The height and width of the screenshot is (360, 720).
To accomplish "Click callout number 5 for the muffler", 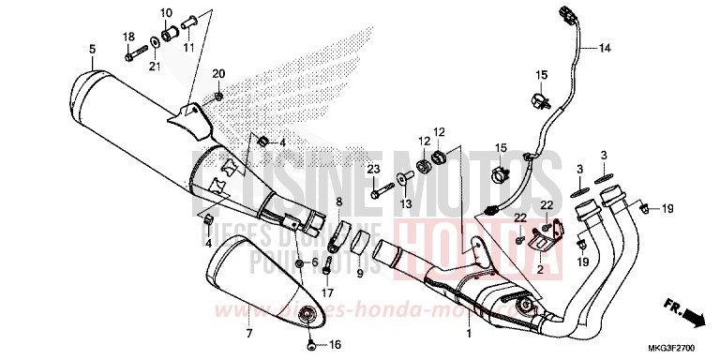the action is click(92, 48).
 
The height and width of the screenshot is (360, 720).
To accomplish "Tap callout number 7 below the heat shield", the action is click(248, 333).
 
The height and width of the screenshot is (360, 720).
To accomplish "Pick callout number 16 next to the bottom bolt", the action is click(336, 344).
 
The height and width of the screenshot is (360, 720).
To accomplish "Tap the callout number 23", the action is click(374, 169).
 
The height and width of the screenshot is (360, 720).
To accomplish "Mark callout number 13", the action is click(406, 204).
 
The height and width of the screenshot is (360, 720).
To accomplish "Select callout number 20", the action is click(218, 73).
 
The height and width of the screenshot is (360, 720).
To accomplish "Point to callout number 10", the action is click(166, 12).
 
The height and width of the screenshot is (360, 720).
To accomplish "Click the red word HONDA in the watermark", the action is click(440, 242).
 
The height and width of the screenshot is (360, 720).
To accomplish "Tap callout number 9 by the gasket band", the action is click(357, 248).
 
